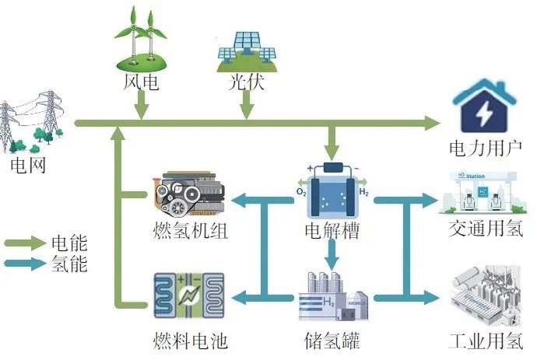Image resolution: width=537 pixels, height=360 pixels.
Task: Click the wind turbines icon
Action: [x=141, y=39]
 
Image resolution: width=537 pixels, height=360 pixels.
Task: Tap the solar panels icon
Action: [x=247, y=49]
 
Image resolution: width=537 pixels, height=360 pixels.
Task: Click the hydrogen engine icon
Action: [x=191, y=195]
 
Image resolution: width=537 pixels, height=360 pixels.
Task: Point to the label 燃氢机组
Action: [x=191, y=231]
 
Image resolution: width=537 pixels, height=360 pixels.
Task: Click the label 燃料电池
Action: [x=191, y=340]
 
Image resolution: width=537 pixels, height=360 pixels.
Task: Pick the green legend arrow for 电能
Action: [x=24, y=243]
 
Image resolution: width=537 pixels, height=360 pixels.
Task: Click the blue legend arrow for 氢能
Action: [x=24, y=264]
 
